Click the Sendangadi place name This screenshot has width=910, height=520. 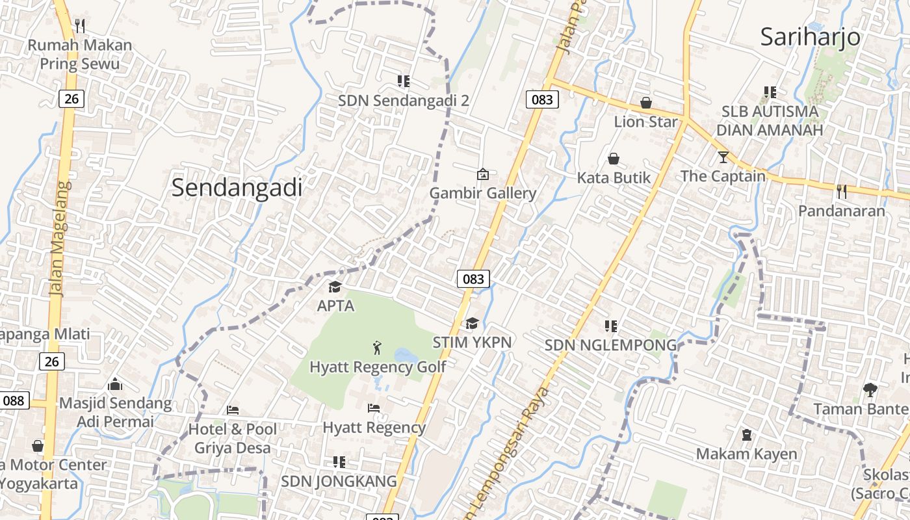(237, 188)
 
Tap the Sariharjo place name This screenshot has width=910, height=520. (810, 36)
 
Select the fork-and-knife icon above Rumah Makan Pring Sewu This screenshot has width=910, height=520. (80, 26)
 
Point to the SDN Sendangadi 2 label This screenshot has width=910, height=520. (403, 101)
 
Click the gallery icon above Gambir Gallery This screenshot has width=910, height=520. (482, 174)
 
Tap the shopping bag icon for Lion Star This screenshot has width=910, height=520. (646, 103)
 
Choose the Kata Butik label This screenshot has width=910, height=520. (614, 177)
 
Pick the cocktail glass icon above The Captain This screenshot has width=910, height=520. (723, 157)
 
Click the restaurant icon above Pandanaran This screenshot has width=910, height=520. (842, 192)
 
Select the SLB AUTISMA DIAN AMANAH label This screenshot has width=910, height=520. (770, 120)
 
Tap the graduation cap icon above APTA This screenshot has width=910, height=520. (335, 287)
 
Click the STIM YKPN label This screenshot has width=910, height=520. (473, 342)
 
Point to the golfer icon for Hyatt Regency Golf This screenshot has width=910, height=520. (377, 348)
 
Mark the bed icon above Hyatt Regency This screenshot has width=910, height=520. (374, 408)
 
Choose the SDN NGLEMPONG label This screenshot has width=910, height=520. (610, 345)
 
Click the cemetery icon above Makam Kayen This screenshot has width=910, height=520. (747, 434)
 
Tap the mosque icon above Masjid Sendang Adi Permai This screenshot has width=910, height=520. (115, 384)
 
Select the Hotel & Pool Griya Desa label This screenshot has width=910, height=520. (232, 438)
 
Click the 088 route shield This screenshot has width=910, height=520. (13, 400)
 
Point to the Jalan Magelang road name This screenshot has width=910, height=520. (59, 239)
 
